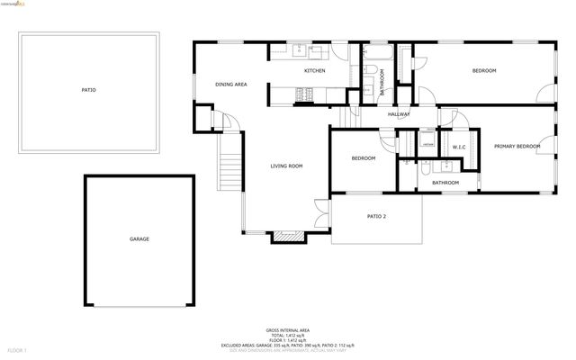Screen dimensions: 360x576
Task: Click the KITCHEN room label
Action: point(314,71)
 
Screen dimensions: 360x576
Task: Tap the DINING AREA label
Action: point(231,85)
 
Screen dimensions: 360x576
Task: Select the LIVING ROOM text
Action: point(286,166)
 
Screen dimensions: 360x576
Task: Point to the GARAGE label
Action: point(139,239)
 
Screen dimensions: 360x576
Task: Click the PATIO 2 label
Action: point(376,217)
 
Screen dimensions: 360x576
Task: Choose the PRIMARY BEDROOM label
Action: point(517,146)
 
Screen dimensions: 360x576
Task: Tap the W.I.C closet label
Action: point(457,146)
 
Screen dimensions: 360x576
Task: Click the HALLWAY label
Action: point(399,114)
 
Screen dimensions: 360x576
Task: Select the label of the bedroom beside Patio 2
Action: point(363,158)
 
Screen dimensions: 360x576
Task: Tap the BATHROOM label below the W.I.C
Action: point(445,183)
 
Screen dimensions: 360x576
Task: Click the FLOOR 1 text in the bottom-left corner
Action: point(17,349)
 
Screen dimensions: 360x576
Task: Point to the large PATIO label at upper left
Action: point(88,90)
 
